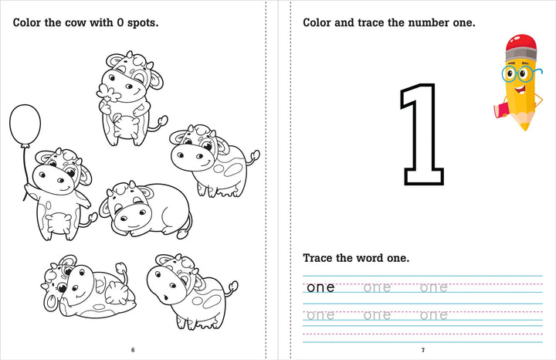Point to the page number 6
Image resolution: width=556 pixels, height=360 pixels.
tap(133, 350)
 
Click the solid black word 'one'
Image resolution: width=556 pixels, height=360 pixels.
tap(320, 288)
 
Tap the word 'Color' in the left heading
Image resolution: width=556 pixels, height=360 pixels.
tap(29, 22)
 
